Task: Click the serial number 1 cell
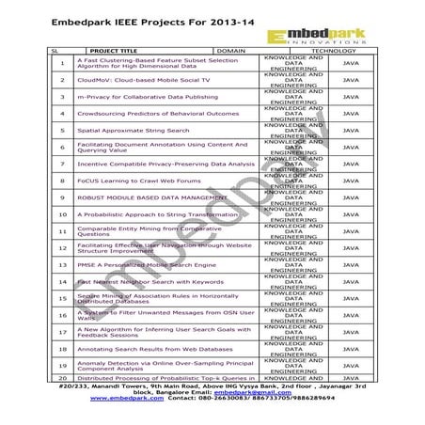pos(61,64)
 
